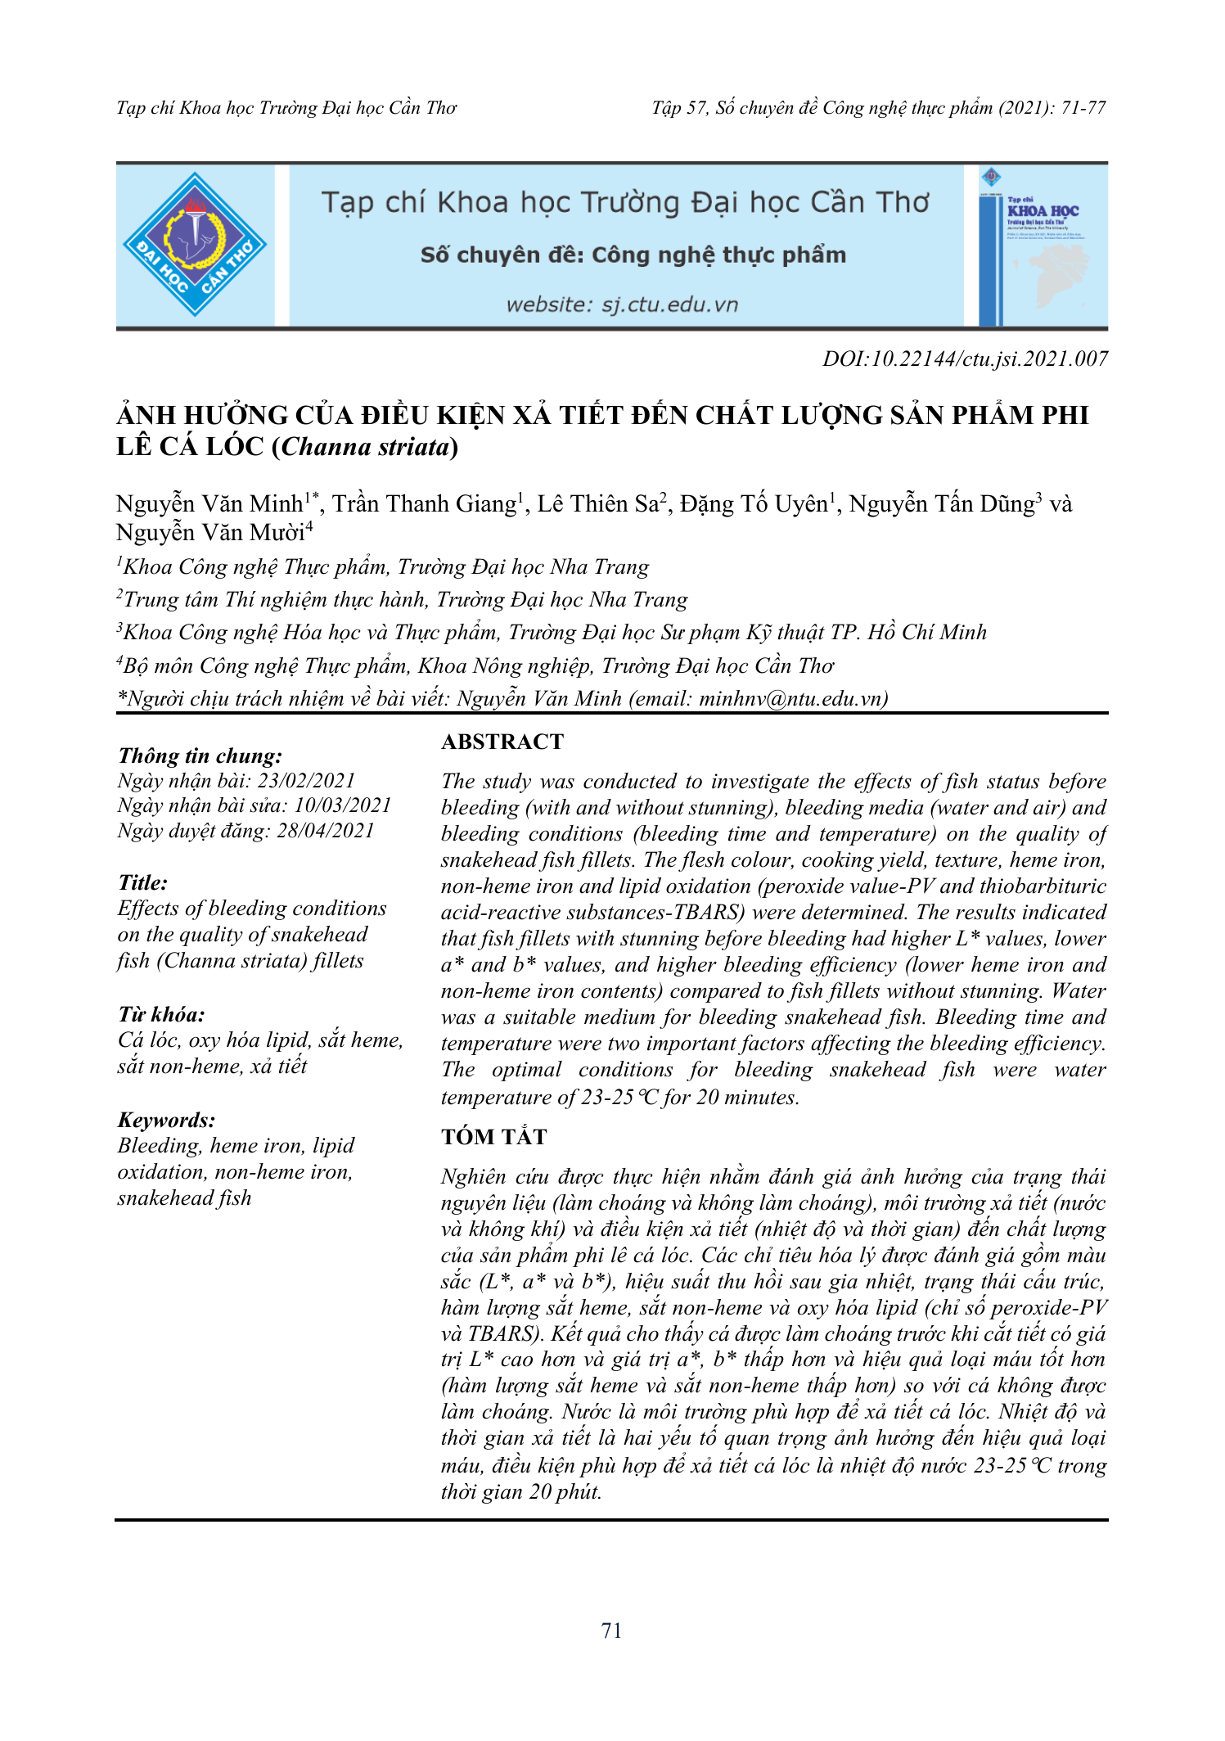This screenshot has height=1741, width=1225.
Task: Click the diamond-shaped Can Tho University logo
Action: pos(195,244)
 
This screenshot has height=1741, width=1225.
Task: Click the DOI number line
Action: pos(965,359)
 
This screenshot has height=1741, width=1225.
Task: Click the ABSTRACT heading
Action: pos(502,742)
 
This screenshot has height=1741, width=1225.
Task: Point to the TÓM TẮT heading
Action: pos(493,1137)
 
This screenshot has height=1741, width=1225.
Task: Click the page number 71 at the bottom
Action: pos(611,1631)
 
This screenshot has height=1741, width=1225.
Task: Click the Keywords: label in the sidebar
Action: pos(166,1120)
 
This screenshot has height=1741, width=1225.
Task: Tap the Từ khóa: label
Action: pos(161,1015)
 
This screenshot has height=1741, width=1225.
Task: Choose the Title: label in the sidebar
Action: pos(142,882)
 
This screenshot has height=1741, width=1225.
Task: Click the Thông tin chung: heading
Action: pos(200,755)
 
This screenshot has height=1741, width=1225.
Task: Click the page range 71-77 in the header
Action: pos(1083,108)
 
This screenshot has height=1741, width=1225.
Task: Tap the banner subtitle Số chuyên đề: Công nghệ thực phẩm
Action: pos(633,255)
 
